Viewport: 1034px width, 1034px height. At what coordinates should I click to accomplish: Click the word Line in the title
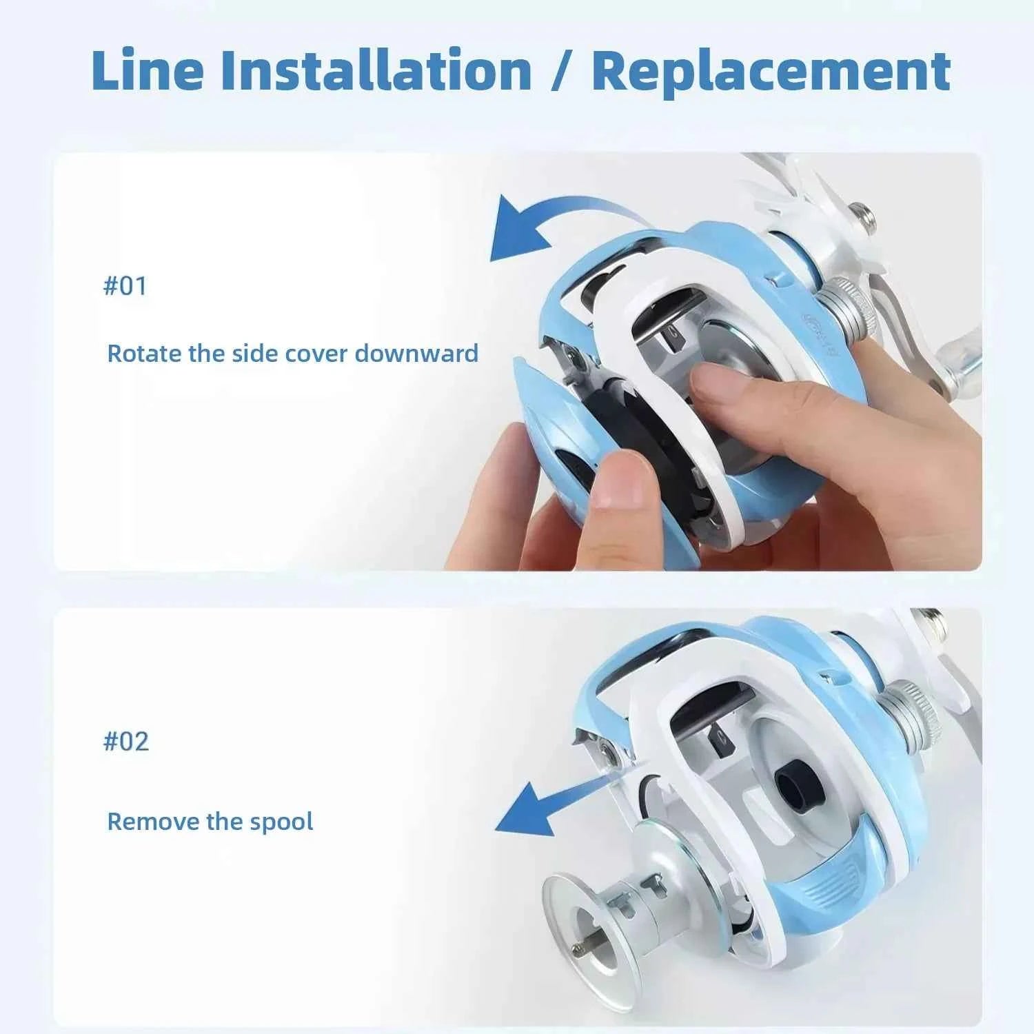[x=147, y=70]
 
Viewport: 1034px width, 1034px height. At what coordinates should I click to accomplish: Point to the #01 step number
[x=125, y=285]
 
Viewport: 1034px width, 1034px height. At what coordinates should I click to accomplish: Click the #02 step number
[x=125, y=741]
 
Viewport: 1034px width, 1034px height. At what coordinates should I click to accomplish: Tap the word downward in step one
[x=416, y=353]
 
